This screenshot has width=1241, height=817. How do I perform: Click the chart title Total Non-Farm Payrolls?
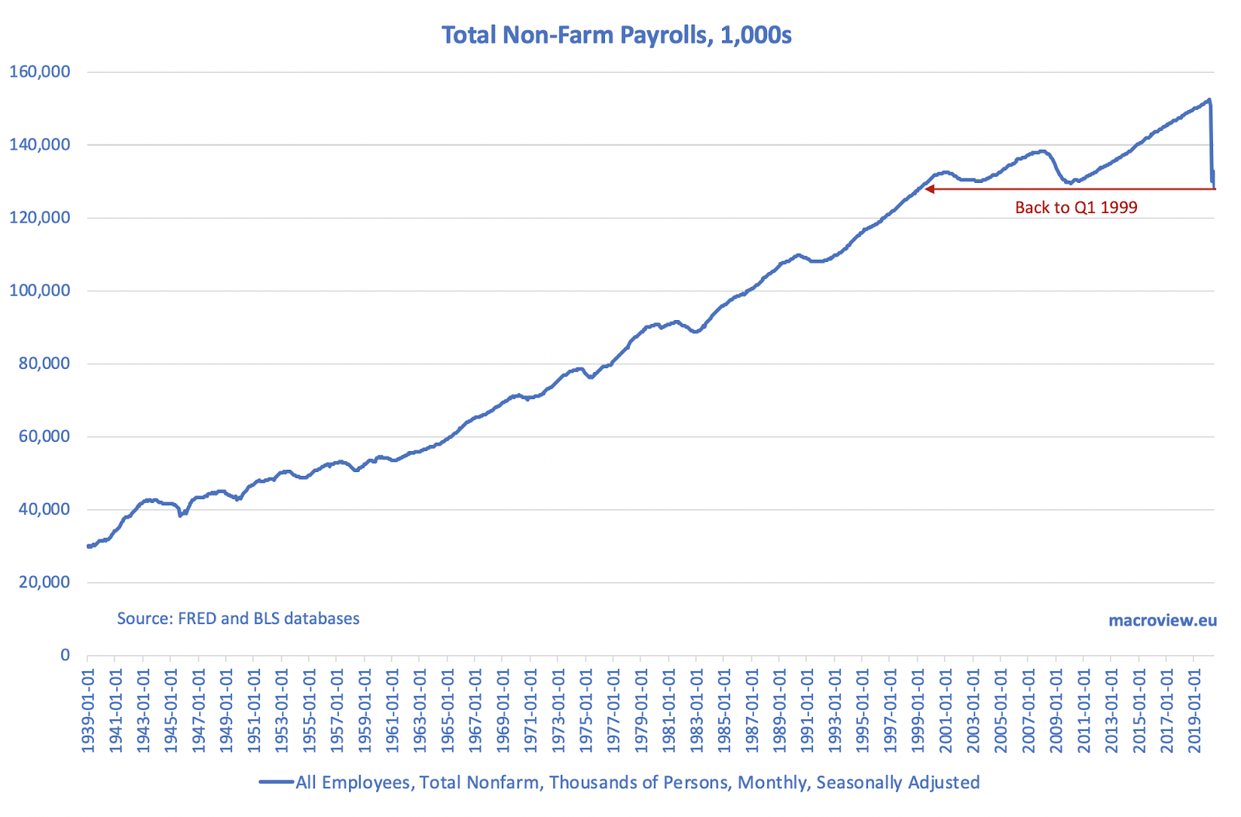tap(617, 35)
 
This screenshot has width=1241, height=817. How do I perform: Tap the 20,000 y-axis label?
tap(43, 582)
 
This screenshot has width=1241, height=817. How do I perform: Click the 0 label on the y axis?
tap(65, 655)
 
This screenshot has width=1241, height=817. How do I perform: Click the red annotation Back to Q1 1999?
tap(1076, 208)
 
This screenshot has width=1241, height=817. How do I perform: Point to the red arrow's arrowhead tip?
tap(925, 188)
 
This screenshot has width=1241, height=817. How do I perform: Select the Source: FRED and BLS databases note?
tap(238, 619)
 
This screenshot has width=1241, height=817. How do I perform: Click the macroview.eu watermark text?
tap(1162, 620)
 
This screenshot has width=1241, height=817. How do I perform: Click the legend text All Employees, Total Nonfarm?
tap(637, 783)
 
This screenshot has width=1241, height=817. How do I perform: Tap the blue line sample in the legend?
tap(276, 783)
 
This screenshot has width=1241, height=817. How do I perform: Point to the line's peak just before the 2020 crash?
tap(1208, 99)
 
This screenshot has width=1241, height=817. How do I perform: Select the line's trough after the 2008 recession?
tap(1070, 183)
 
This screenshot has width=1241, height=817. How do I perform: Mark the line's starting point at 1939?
tap(88, 546)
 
